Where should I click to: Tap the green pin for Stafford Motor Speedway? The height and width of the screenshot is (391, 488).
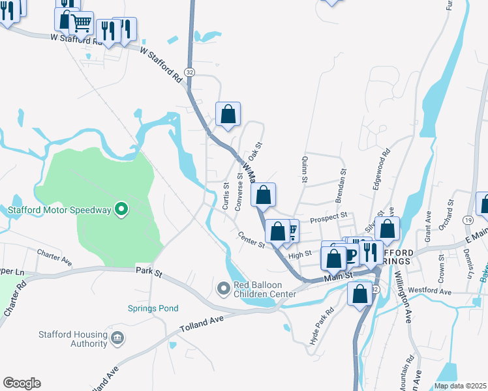pyautogui.click(x=121, y=209)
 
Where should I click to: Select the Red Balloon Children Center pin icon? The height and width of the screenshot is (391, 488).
pyautogui.click(x=224, y=287)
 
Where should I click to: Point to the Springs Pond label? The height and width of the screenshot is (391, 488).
pyautogui.click(x=153, y=308)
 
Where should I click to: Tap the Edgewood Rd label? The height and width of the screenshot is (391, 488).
pyautogui.click(x=381, y=169)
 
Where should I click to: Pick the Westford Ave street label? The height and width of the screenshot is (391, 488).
pyautogui.click(x=432, y=292)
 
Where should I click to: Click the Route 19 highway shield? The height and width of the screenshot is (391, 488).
pyautogui.click(x=468, y=221)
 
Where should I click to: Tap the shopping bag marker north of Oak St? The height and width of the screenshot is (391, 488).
pyautogui.click(x=228, y=115)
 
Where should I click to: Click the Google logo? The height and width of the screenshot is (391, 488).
pyautogui.click(x=22, y=383)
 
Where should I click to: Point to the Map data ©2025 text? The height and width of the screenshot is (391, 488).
pyautogui.click(x=460, y=386)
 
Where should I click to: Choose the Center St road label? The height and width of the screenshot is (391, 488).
pyautogui.click(x=251, y=240)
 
